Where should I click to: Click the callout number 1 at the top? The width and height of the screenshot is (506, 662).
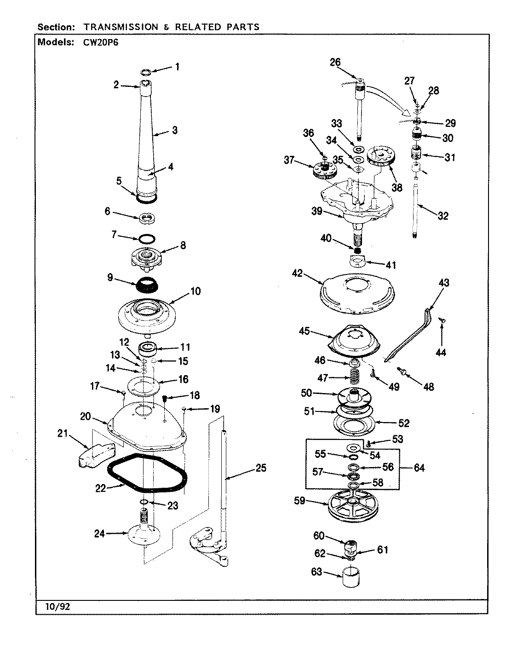click(177, 67)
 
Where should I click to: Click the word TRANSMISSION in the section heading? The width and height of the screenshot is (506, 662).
click(120, 27)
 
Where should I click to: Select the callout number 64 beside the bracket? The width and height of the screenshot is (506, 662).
click(419, 468)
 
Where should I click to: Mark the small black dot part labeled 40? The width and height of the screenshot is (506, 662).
click(356, 251)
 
